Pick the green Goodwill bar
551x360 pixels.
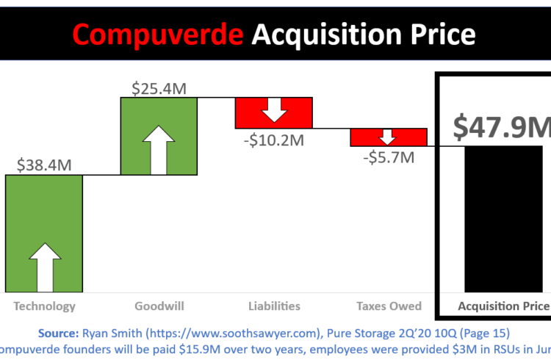(159, 136)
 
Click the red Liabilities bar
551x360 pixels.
(274, 112)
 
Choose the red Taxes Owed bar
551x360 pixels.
(389, 137)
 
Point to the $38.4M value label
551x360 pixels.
(44, 164)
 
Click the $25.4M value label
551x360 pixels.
(159, 87)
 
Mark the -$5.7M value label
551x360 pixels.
(389, 156)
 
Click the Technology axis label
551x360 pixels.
(44, 306)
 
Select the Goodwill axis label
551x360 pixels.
(159, 306)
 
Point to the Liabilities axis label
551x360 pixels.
(274, 306)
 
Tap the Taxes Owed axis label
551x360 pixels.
(389, 306)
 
